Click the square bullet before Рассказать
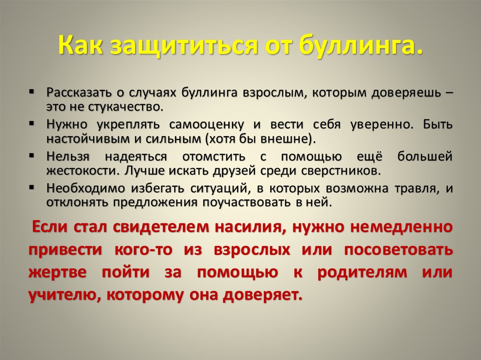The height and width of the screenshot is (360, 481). point(31,92)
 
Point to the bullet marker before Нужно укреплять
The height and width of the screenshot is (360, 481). point(31,123)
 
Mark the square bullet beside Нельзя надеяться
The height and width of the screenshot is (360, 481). point(31,155)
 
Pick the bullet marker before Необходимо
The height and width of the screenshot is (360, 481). point(31,187)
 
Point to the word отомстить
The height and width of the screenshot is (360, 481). point(214,157)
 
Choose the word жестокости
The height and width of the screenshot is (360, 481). point(83,171)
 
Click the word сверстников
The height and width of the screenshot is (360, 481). point(341,171)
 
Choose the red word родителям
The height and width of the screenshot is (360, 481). point(362,272)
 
